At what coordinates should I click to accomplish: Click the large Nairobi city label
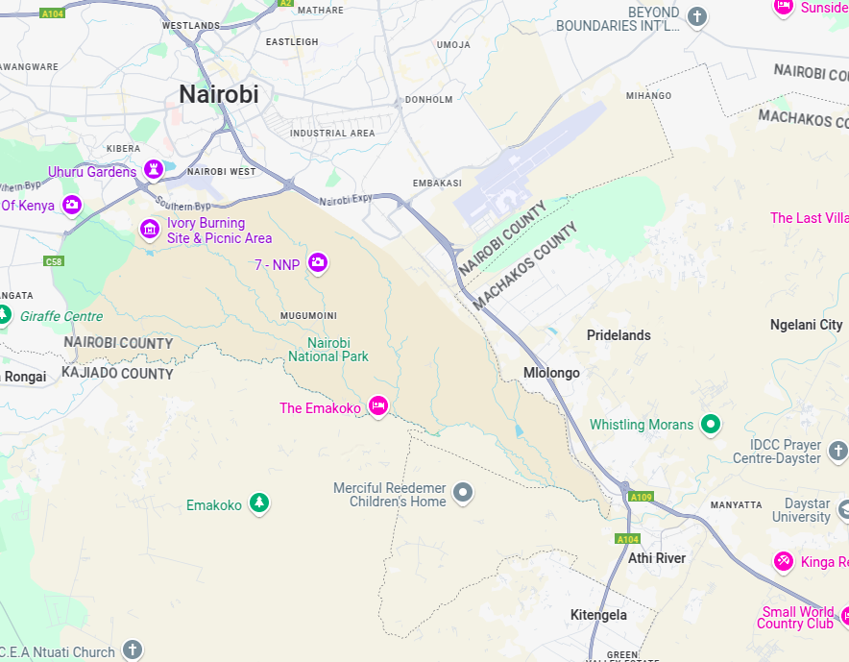218,94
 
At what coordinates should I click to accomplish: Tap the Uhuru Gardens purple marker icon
153,170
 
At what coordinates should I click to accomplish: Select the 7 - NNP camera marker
318,263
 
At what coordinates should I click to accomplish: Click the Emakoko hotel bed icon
378,406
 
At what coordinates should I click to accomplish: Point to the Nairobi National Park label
328,350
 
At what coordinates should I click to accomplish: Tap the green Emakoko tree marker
258,503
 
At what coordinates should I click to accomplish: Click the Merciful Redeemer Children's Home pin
463,494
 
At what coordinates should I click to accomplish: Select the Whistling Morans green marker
711,424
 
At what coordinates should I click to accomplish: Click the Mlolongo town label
551,373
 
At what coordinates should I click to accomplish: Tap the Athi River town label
657,558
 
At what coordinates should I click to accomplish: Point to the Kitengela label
598,615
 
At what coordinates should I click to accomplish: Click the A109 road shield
641,497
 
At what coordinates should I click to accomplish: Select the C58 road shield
54,261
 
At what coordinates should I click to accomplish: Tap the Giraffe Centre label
61,316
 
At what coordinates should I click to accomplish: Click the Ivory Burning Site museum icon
149,229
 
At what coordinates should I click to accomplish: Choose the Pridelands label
619,335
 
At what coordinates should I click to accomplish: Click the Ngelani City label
806,325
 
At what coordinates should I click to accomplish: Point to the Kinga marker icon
784,561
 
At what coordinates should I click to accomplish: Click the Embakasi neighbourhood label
437,183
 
